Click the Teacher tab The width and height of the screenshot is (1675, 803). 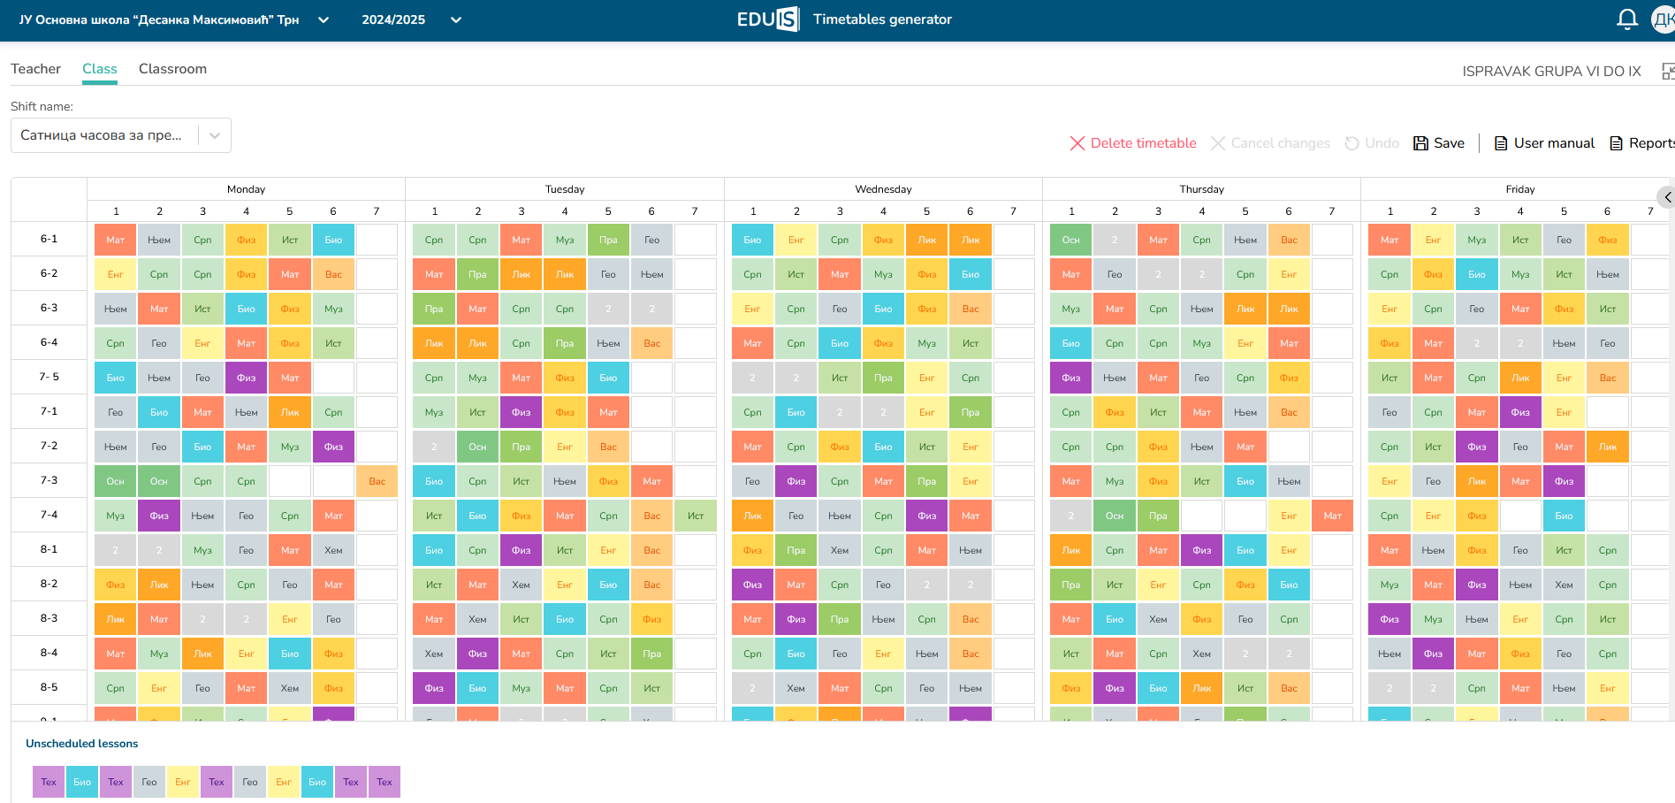pos(35,69)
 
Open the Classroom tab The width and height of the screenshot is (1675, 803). pos(172,69)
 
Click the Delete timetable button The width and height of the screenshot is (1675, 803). pos(1133,143)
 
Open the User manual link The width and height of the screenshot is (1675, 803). pos(1544,143)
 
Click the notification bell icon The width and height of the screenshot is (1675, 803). pos(1627,19)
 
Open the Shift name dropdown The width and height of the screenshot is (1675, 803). pos(121,135)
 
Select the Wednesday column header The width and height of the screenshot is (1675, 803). pos(883,189)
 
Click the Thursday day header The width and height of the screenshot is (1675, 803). pos(1201,189)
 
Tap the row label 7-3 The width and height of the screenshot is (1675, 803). pos(49,480)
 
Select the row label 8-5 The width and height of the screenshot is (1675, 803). pos(49,687)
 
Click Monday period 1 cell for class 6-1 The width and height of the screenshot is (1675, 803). pos(116,240)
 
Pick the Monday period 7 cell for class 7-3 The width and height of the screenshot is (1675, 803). pos(377,481)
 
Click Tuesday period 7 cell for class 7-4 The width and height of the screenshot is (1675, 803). pos(696,516)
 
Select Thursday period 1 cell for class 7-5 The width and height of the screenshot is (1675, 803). pos(1071,378)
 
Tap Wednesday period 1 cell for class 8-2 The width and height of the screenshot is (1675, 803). pos(752,585)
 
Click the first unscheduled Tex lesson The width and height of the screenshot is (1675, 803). pos(49,782)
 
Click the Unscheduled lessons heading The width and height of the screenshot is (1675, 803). pos(82,744)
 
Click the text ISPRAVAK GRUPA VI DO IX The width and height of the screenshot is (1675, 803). pos(1551,72)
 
